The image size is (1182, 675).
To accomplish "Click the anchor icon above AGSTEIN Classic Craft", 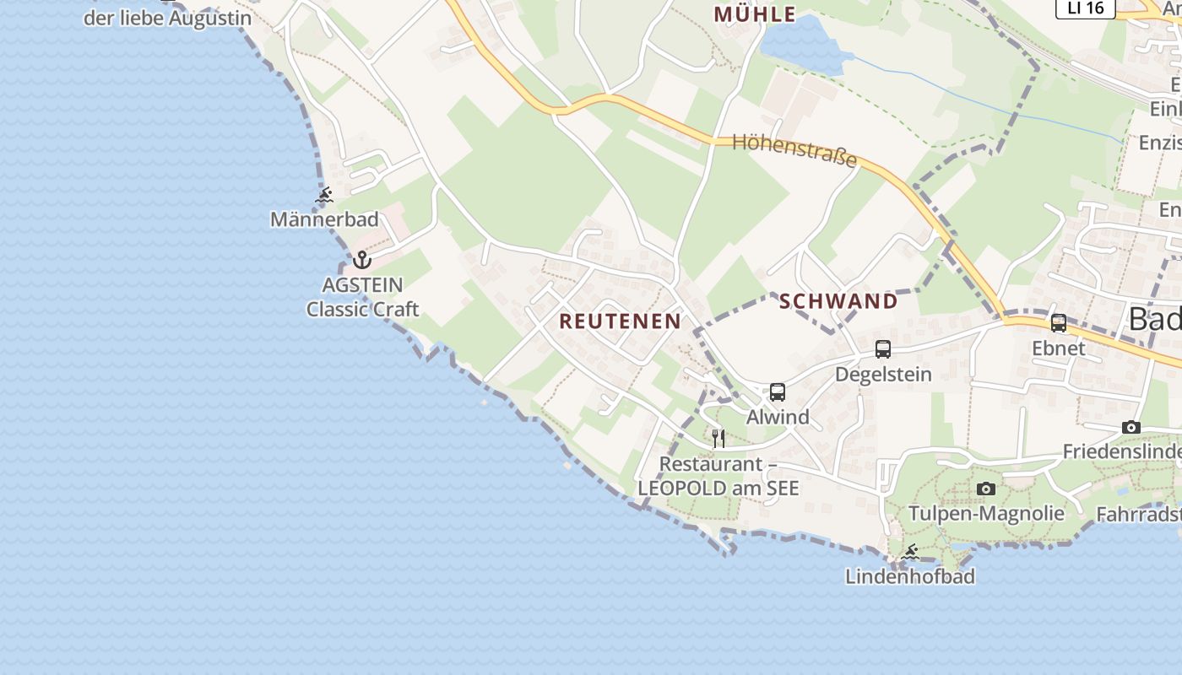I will pyautogui.click(x=362, y=259).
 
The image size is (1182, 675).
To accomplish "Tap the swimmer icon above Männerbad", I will pyautogui.click(x=324, y=197).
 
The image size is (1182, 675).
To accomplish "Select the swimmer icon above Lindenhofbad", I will pyautogui.click(x=909, y=553).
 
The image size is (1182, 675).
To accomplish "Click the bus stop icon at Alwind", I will pyautogui.click(x=778, y=392).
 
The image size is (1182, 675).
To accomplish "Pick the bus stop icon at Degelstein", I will pyautogui.click(x=883, y=349).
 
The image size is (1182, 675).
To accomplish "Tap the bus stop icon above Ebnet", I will pyautogui.click(x=1059, y=323).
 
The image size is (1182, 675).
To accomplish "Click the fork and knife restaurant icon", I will pyautogui.click(x=718, y=438).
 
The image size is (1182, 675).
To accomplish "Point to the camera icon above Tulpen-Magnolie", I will pyautogui.click(x=985, y=489).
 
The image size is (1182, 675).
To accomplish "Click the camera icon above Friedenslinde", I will pyautogui.click(x=1131, y=428).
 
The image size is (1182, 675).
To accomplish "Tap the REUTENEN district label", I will pyautogui.click(x=620, y=321).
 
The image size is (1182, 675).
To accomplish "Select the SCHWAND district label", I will pyautogui.click(x=838, y=301).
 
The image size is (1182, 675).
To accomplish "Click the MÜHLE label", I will pyautogui.click(x=755, y=14).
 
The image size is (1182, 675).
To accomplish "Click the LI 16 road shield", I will pyautogui.click(x=1085, y=8).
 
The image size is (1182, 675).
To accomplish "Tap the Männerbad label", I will pyautogui.click(x=324, y=219).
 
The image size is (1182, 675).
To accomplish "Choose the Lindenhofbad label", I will pyautogui.click(x=910, y=576).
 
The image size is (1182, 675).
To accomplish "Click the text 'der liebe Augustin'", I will pyautogui.click(x=167, y=18).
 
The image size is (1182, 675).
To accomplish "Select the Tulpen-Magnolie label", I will pyautogui.click(x=986, y=513).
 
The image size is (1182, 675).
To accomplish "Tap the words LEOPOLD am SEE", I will pyautogui.click(x=718, y=488).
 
